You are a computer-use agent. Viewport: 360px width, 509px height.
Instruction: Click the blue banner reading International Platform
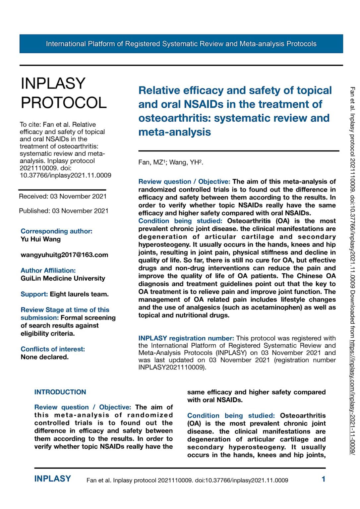[x=181, y=44]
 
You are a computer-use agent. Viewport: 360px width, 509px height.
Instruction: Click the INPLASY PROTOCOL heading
[x=64, y=93]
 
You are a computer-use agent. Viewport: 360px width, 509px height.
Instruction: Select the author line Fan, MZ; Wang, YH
[x=170, y=162]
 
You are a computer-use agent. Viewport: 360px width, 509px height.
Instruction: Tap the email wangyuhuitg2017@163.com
[x=64, y=255]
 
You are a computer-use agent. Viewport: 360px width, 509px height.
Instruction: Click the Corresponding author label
[x=56, y=231]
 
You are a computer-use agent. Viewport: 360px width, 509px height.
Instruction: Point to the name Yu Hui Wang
[x=40, y=239]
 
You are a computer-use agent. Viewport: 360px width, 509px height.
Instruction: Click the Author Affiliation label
[x=48, y=270]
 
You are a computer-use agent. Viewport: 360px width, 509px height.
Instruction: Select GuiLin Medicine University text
[x=63, y=278]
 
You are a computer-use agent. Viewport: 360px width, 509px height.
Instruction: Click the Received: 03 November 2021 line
[x=63, y=197]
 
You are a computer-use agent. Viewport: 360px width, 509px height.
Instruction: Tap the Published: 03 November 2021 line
[x=64, y=211]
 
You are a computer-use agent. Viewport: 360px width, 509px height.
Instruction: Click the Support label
[x=34, y=294]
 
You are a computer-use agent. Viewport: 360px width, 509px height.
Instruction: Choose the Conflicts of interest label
[x=53, y=349]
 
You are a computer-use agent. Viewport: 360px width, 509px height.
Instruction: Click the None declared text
[x=44, y=357]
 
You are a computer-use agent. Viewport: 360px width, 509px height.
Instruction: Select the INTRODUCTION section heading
[x=60, y=392]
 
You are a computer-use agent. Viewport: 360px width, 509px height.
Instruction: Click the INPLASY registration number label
[x=186, y=338]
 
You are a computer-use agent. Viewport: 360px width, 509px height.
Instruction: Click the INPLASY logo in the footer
[x=52, y=479]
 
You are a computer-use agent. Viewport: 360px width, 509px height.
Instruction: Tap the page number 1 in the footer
[x=323, y=479]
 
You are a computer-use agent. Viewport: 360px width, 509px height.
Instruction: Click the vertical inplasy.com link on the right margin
[x=353, y=398]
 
